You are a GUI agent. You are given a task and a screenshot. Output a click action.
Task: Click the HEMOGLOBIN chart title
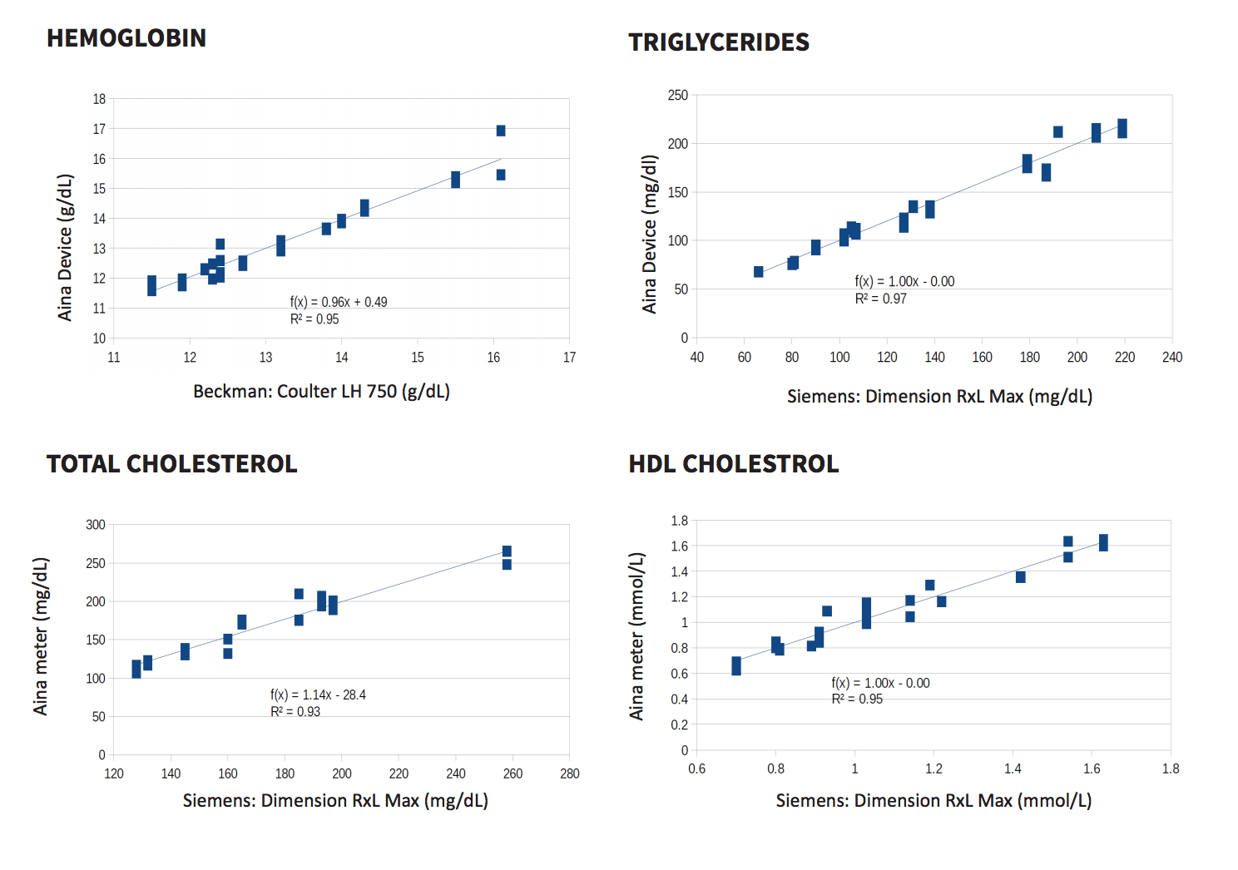point(126,38)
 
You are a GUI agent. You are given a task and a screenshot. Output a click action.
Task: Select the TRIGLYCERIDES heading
point(719,42)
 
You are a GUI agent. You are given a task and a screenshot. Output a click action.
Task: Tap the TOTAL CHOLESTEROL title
point(172,464)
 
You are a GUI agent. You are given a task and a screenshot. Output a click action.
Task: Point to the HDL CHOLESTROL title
point(734,464)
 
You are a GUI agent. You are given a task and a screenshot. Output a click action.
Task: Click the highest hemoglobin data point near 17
point(501,131)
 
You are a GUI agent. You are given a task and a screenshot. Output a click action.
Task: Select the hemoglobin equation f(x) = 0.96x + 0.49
point(339,302)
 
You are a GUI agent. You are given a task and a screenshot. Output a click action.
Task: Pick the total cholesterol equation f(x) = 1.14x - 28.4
point(318,695)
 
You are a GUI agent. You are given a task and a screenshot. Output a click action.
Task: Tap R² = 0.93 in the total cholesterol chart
point(295,711)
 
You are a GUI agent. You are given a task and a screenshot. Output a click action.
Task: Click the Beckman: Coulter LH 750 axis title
point(321,392)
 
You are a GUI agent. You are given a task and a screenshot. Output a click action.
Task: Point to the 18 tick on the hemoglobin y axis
point(99,100)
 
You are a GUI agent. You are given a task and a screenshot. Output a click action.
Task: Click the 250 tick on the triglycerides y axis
point(677,96)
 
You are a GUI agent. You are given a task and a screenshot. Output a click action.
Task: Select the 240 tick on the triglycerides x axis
point(1172,358)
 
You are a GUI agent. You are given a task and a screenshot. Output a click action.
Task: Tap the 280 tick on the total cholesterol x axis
point(569,774)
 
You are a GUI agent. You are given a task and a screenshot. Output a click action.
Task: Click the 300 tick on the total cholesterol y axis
point(95,525)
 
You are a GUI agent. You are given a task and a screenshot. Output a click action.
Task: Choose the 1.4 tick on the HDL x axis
point(1013,769)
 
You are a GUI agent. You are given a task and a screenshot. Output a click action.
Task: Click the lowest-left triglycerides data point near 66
point(758,272)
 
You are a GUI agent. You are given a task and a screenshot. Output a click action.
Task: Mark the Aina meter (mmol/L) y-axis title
point(636,636)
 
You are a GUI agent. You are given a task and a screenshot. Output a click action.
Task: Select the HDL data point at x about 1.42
point(1020,577)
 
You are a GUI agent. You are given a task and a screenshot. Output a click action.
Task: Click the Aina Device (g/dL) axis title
point(65,248)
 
